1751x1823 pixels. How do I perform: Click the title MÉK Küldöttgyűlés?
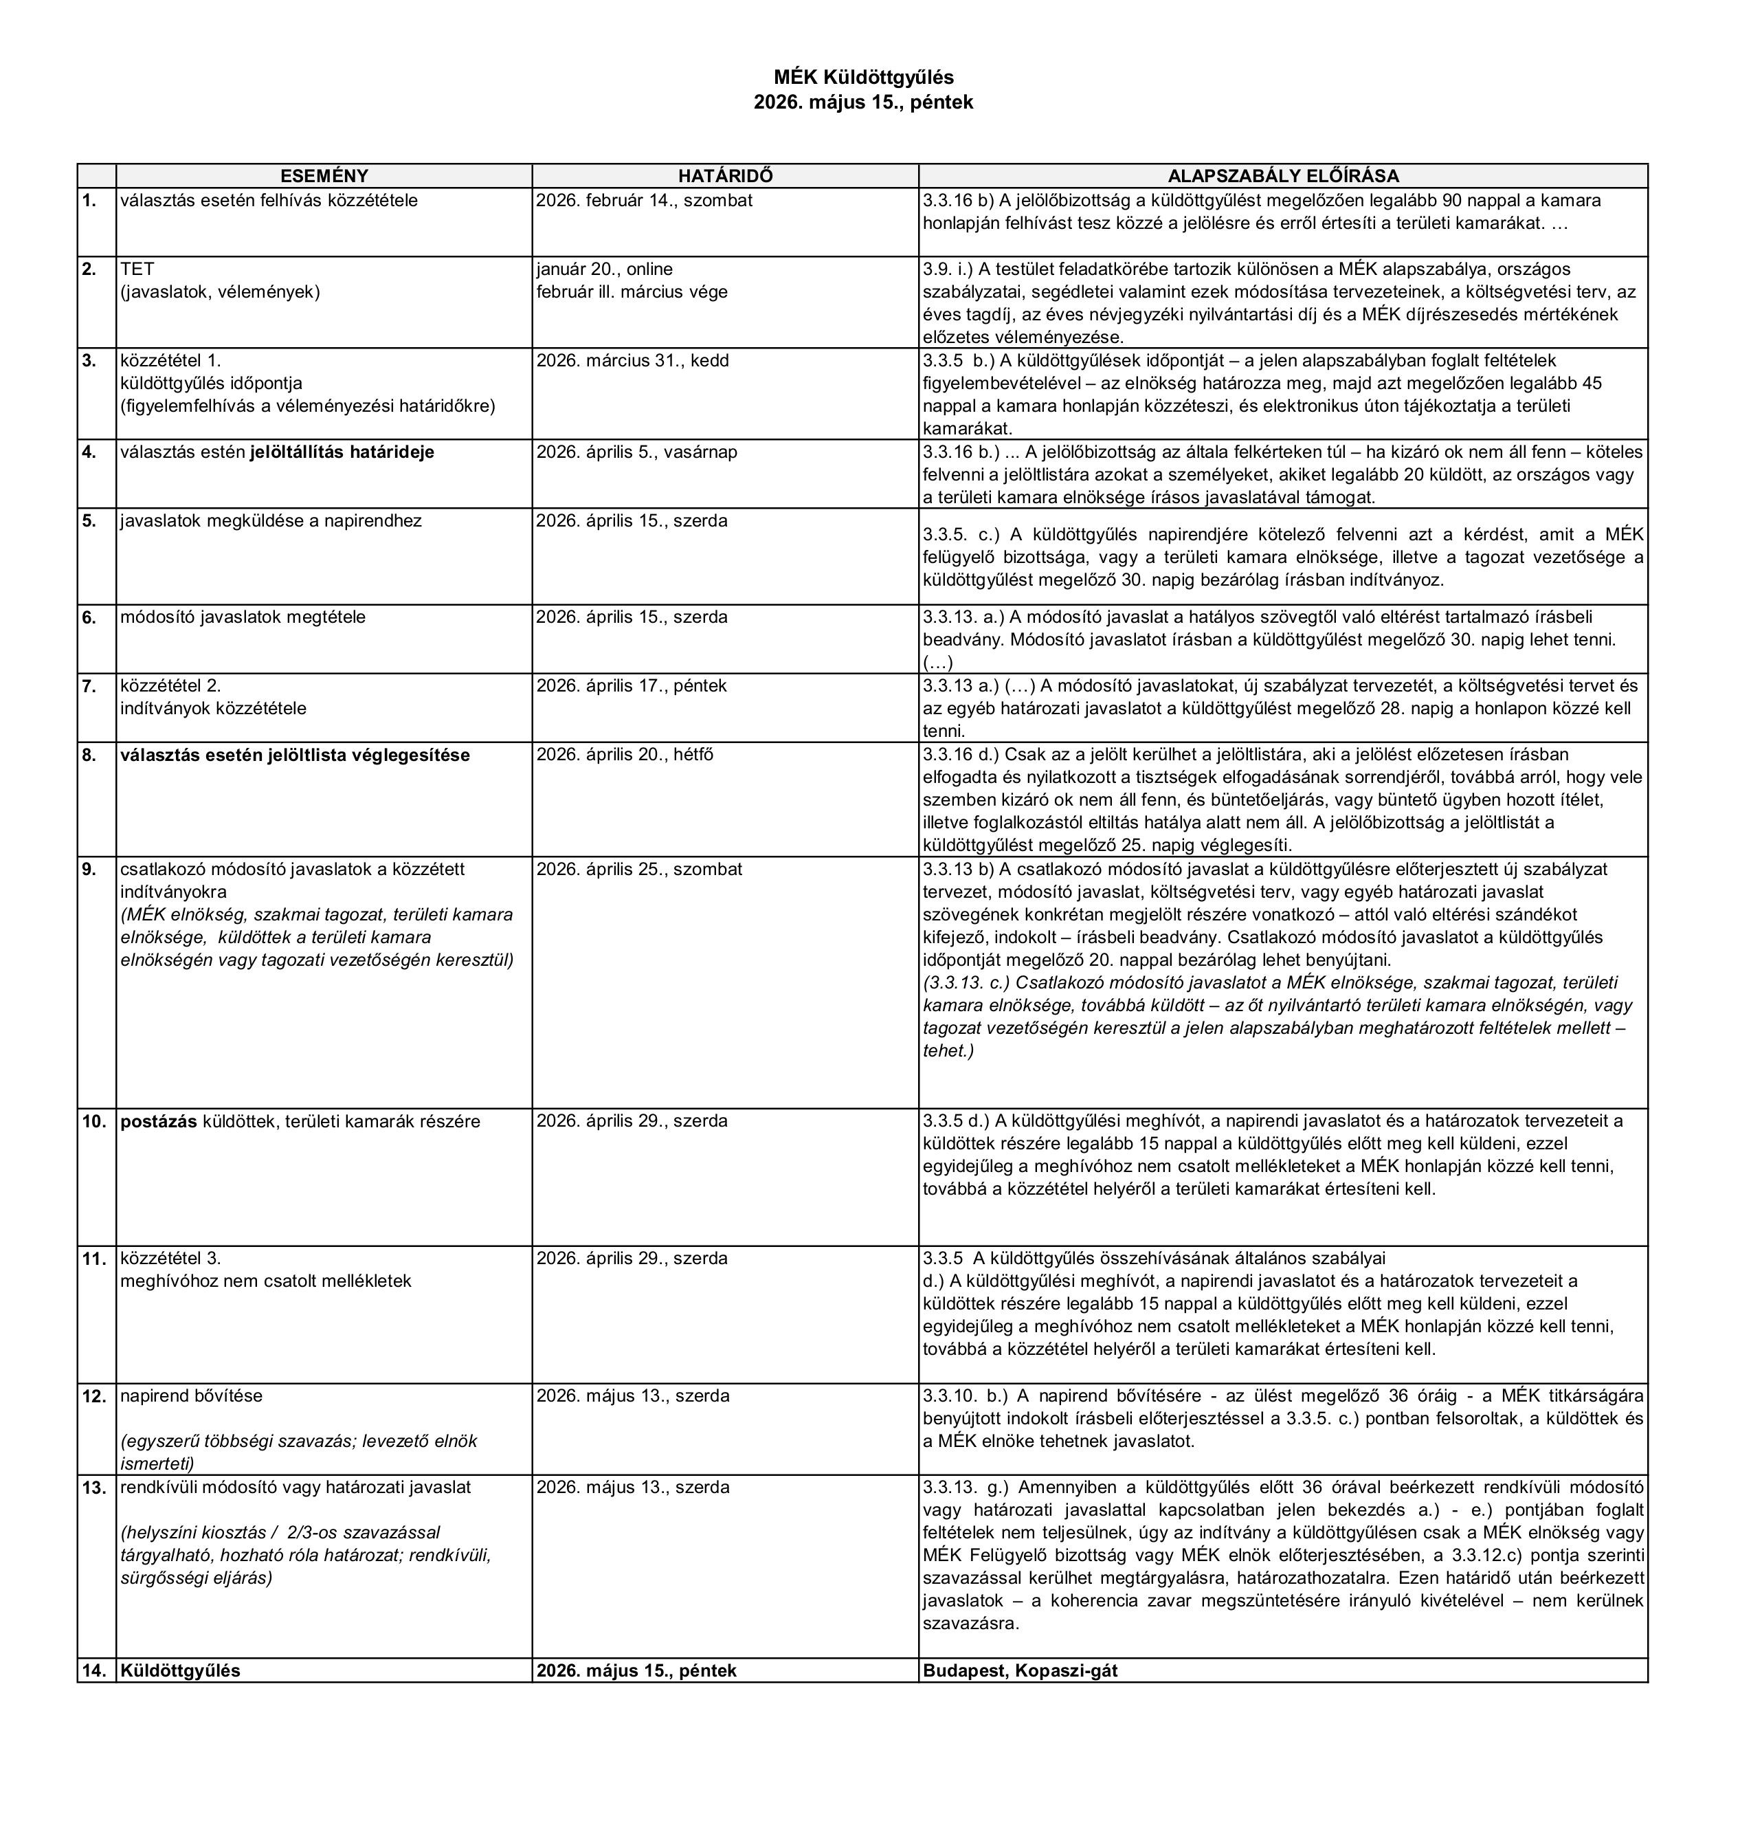pyautogui.click(x=863, y=77)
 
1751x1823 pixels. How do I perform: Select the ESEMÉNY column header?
pyautogui.click(x=324, y=176)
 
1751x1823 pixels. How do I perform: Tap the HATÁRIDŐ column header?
pyautogui.click(x=724, y=176)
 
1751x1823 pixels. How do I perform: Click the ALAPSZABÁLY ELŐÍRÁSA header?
pyautogui.click(x=1282, y=176)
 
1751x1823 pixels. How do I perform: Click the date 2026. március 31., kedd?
pyautogui.click(x=632, y=360)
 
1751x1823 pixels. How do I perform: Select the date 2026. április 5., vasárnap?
pyautogui.click(x=636, y=452)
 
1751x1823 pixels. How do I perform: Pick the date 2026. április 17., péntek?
pyautogui.click(x=632, y=685)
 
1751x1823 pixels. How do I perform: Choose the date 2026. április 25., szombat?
pyautogui.click(x=639, y=869)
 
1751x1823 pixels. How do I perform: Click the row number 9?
pyautogui.click(x=89, y=869)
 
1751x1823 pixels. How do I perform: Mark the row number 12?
pyautogui.click(x=94, y=1395)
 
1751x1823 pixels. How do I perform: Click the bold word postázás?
pyautogui.click(x=158, y=1120)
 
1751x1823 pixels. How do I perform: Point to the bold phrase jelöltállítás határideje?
pyautogui.click(x=342, y=452)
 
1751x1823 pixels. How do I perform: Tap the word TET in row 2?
pyautogui.click(x=137, y=269)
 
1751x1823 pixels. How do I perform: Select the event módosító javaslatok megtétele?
pyautogui.click(x=243, y=617)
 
